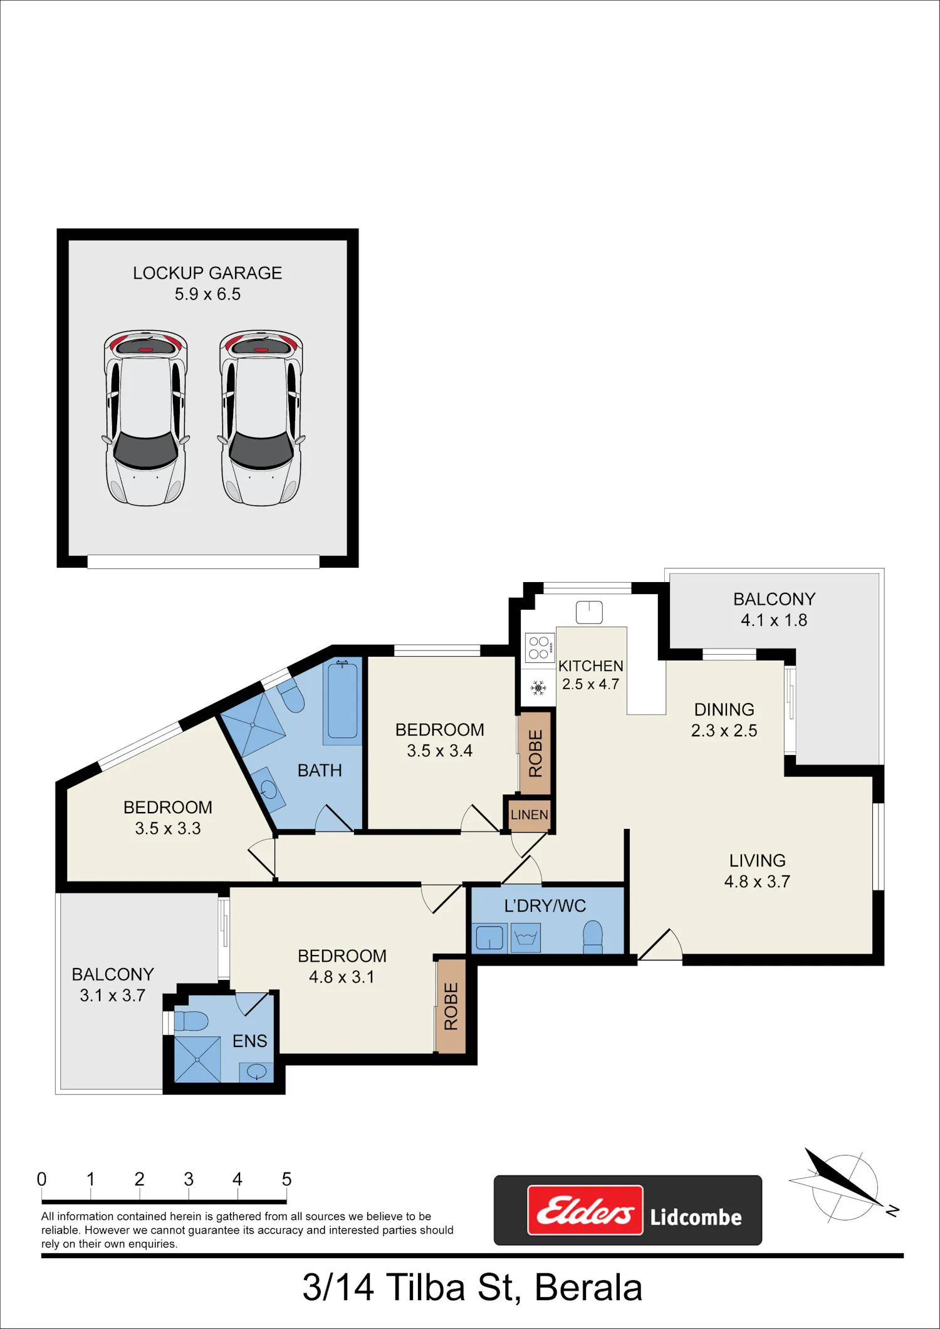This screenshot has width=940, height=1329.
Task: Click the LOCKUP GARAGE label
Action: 207,273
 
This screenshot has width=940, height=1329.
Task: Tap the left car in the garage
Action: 146,417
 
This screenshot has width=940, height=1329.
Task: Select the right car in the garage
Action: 261,417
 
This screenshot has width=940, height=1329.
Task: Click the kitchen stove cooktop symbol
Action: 540,648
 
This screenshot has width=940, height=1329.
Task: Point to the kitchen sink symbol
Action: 589,612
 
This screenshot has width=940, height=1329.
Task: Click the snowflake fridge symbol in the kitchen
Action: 538,688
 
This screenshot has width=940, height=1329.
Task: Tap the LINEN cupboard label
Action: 530,815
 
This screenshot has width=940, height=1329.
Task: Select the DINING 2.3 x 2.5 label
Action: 724,720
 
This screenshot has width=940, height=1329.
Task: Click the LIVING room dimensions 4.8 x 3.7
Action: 757,882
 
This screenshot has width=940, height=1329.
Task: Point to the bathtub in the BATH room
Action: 342,701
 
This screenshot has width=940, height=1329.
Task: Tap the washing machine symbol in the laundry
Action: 526,939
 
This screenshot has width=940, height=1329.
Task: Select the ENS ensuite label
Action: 249,1041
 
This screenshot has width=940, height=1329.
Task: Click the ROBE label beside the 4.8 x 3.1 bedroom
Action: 451,1006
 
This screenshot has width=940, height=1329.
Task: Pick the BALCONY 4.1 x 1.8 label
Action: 775,610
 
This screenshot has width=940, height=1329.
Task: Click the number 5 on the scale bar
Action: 286,1179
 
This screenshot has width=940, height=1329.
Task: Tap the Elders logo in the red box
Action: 585,1210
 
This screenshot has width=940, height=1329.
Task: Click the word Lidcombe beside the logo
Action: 696,1217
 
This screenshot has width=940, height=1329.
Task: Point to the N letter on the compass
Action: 892,1211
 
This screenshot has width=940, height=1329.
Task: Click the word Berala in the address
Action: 588,1288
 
